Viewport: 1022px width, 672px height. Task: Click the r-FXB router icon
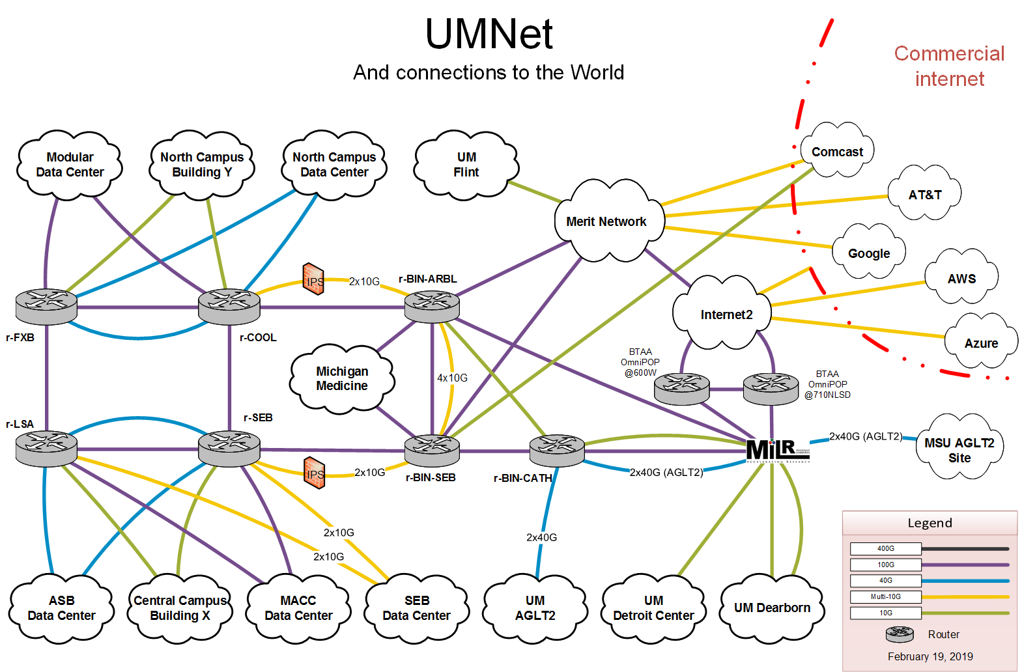pos(46,306)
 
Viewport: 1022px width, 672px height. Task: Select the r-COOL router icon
pos(229,306)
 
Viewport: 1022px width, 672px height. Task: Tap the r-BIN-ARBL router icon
pos(432,306)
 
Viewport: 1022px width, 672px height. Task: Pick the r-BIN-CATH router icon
pos(557,451)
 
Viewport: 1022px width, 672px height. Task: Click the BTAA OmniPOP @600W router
pos(682,389)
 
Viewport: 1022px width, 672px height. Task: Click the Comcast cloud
pos(837,151)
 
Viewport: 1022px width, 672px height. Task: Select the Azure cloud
pos(981,343)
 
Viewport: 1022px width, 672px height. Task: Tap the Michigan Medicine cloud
pos(342,378)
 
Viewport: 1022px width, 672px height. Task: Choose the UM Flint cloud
pos(466,164)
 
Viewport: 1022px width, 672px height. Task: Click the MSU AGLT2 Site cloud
pos(959,449)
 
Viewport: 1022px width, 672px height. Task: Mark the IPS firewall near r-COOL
pos(314,279)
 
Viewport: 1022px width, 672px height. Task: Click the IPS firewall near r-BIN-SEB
pos(315,473)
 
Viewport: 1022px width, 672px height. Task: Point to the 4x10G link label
pos(452,378)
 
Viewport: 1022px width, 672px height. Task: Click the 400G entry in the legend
pos(886,548)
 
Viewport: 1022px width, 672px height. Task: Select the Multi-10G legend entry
pos(886,596)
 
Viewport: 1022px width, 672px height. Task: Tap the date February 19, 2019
pos(930,656)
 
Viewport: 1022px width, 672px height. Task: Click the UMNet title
pos(489,34)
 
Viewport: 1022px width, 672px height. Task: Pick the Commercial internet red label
pos(949,66)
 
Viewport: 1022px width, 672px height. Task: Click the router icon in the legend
pos(900,634)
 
